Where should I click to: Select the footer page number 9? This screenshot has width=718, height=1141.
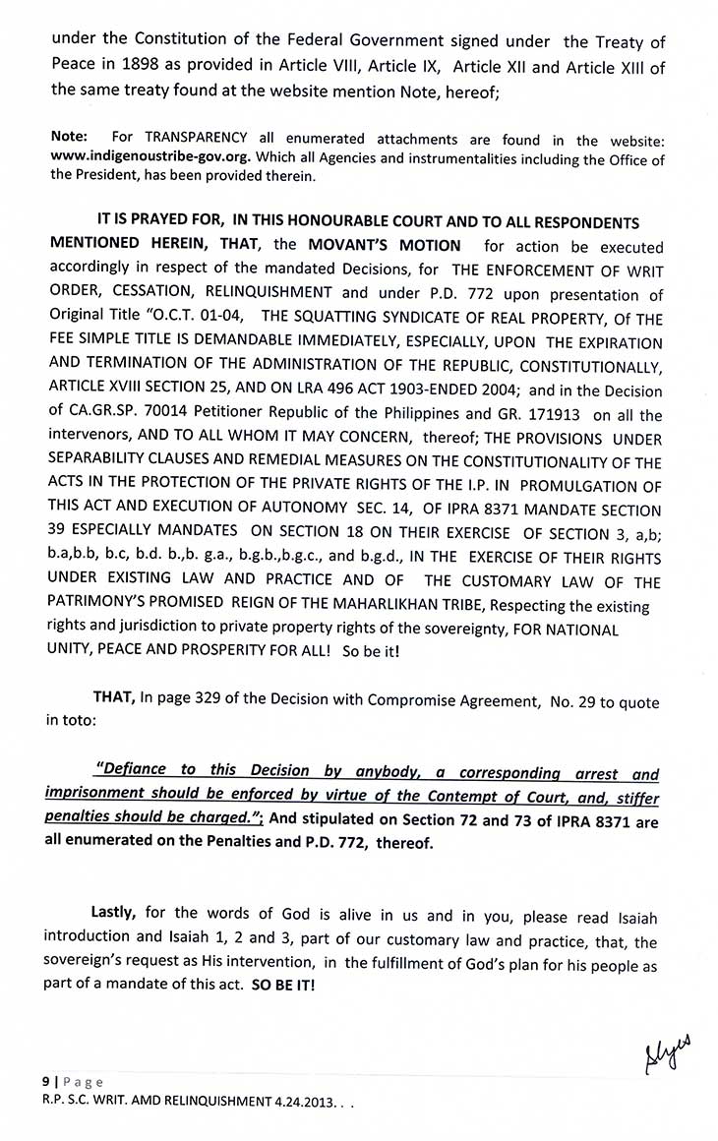(x=45, y=1080)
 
